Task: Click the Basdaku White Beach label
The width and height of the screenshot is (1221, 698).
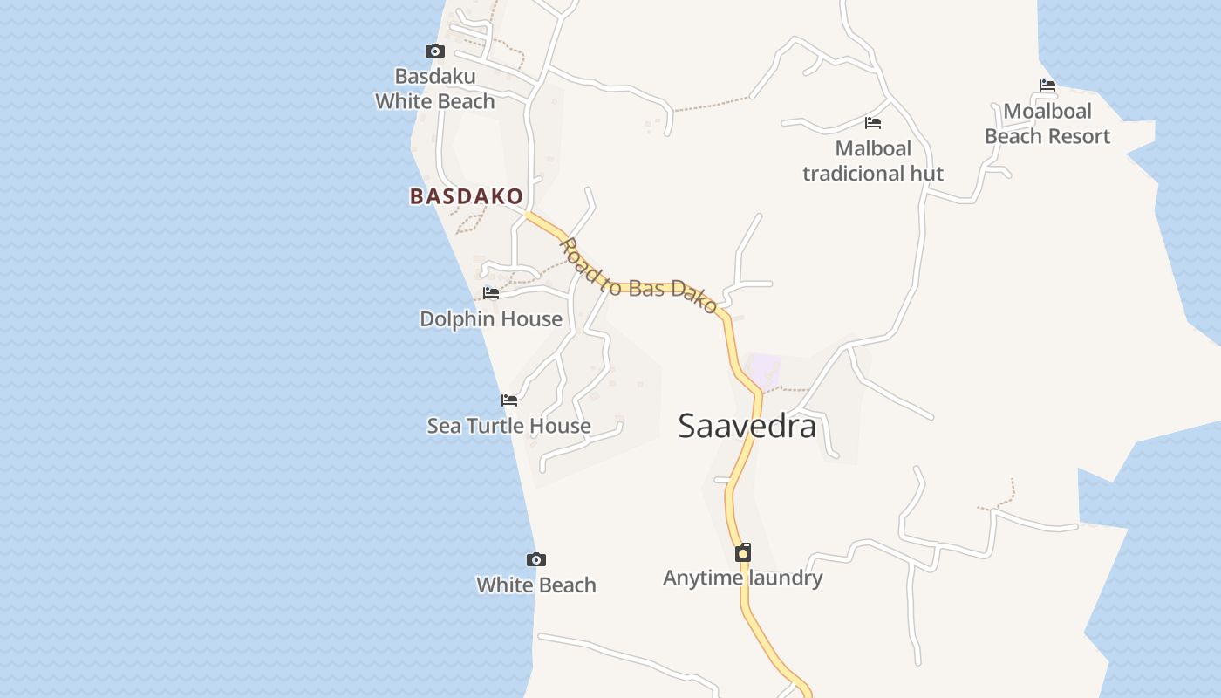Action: click(x=435, y=89)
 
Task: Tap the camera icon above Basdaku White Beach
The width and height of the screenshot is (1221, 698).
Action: click(x=434, y=51)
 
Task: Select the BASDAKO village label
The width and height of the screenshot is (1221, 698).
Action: click(x=467, y=196)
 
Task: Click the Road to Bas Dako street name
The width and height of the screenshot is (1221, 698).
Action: click(x=638, y=276)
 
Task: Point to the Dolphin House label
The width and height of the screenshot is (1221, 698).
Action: click(x=491, y=319)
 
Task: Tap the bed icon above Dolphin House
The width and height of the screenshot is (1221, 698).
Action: click(x=491, y=293)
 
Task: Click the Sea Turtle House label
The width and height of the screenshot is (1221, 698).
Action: click(x=508, y=426)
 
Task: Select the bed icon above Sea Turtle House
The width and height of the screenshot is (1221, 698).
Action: click(x=509, y=400)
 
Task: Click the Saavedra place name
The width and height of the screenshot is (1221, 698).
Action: click(x=747, y=426)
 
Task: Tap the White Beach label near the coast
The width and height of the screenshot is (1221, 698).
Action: click(x=536, y=585)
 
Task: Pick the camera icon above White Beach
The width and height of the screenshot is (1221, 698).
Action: click(x=536, y=559)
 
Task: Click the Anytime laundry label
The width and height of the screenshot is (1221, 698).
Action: click(x=743, y=578)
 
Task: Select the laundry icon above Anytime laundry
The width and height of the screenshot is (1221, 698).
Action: click(x=743, y=552)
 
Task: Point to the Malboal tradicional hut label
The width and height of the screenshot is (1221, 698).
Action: click(x=873, y=161)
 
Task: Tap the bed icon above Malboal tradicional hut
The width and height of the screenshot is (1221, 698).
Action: click(x=873, y=123)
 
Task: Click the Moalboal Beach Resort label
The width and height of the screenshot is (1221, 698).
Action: click(x=1047, y=124)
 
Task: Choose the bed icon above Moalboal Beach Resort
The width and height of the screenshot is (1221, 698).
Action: click(x=1047, y=86)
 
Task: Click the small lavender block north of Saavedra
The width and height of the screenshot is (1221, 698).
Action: click(x=765, y=370)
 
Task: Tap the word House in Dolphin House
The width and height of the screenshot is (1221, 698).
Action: click(x=531, y=319)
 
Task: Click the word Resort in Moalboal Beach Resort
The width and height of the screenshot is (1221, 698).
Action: click(x=1081, y=136)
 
